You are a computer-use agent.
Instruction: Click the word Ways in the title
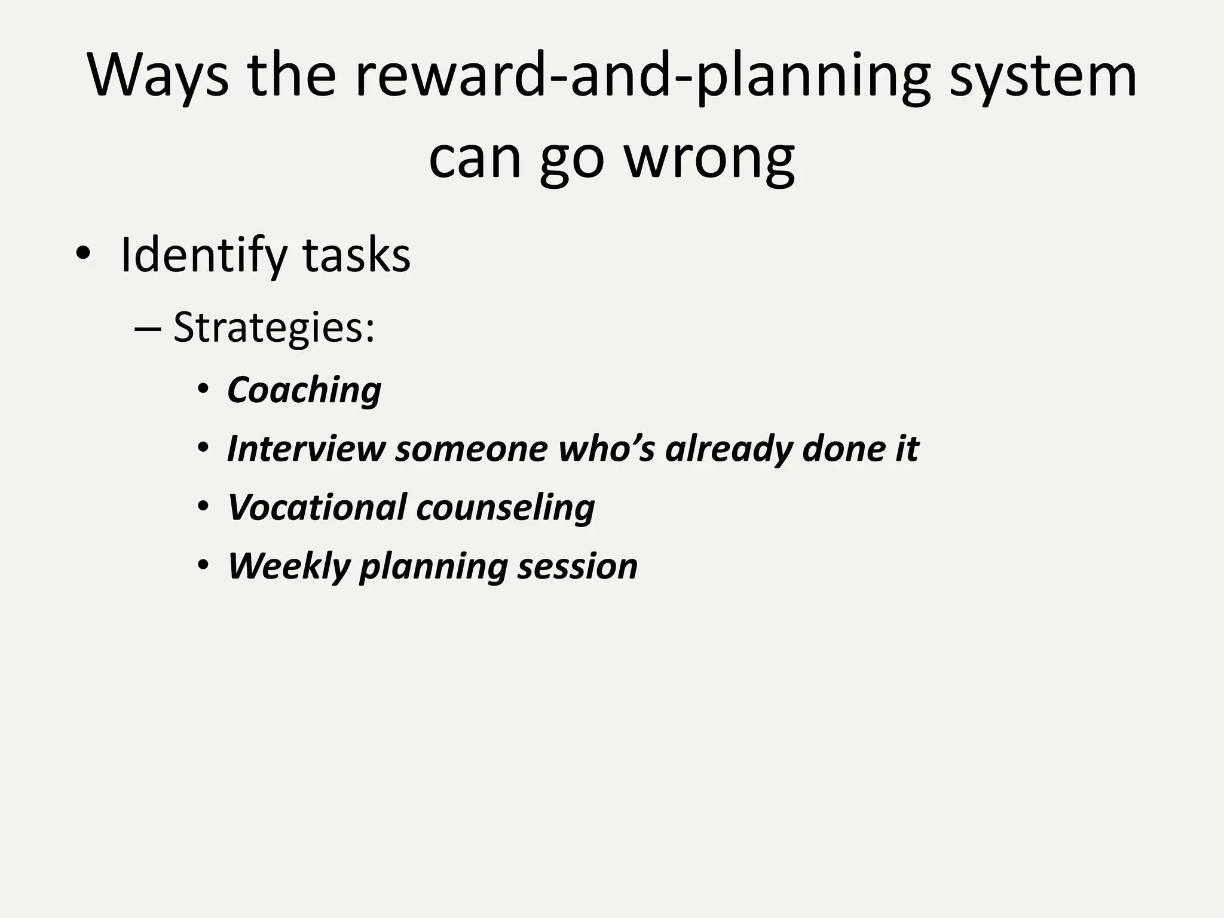[x=158, y=76]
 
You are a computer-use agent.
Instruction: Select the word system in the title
[x=1043, y=76]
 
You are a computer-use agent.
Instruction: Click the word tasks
[x=357, y=256]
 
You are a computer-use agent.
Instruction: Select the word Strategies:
[x=274, y=328]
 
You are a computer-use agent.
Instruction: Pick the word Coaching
[x=304, y=390]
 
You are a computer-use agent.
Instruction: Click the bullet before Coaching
[x=203, y=390]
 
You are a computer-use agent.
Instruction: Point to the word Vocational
[x=317, y=507]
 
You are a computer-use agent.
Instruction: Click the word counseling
[x=506, y=507]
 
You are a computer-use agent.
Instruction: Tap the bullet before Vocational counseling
[x=203, y=507]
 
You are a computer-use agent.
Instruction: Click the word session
[x=577, y=566]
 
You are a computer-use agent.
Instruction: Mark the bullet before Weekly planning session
[x=203, y=565]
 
